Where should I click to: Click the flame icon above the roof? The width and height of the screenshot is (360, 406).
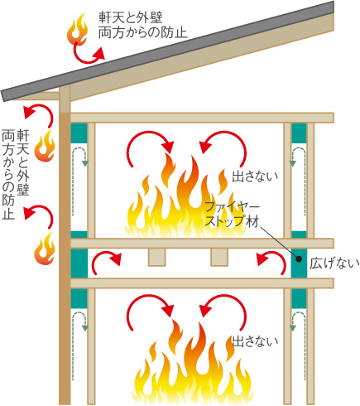tap(77, 30)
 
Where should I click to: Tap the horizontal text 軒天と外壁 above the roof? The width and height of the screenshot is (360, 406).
tap(131, 17)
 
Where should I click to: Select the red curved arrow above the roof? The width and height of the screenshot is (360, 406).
tap(88, 56)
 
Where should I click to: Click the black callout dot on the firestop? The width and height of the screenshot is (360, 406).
tap(299, 259)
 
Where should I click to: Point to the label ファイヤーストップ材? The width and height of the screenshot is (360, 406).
tap(233, 215)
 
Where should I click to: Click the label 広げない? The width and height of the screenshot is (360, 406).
tap(334, 263)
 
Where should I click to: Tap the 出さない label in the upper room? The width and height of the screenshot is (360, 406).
tap(255, 176)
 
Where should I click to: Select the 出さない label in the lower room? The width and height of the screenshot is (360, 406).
tap(255, 341)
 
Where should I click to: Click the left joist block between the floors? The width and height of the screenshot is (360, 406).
tap(157, 257)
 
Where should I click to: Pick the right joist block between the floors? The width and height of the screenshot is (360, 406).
tap(219, 257)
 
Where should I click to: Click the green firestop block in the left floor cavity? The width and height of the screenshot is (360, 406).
tap(79, 263)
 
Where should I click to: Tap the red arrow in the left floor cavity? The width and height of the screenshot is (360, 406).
tap(105, 261)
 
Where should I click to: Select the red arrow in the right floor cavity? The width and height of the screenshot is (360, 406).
tap(271, 261)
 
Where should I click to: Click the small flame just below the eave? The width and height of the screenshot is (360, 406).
tap(45, 146)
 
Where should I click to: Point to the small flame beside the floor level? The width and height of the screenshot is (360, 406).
tap(45, 249)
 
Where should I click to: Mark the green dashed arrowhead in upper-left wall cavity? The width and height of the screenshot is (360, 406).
tap(85, 163)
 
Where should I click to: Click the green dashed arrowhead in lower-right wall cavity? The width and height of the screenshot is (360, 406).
tap(293, 328)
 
